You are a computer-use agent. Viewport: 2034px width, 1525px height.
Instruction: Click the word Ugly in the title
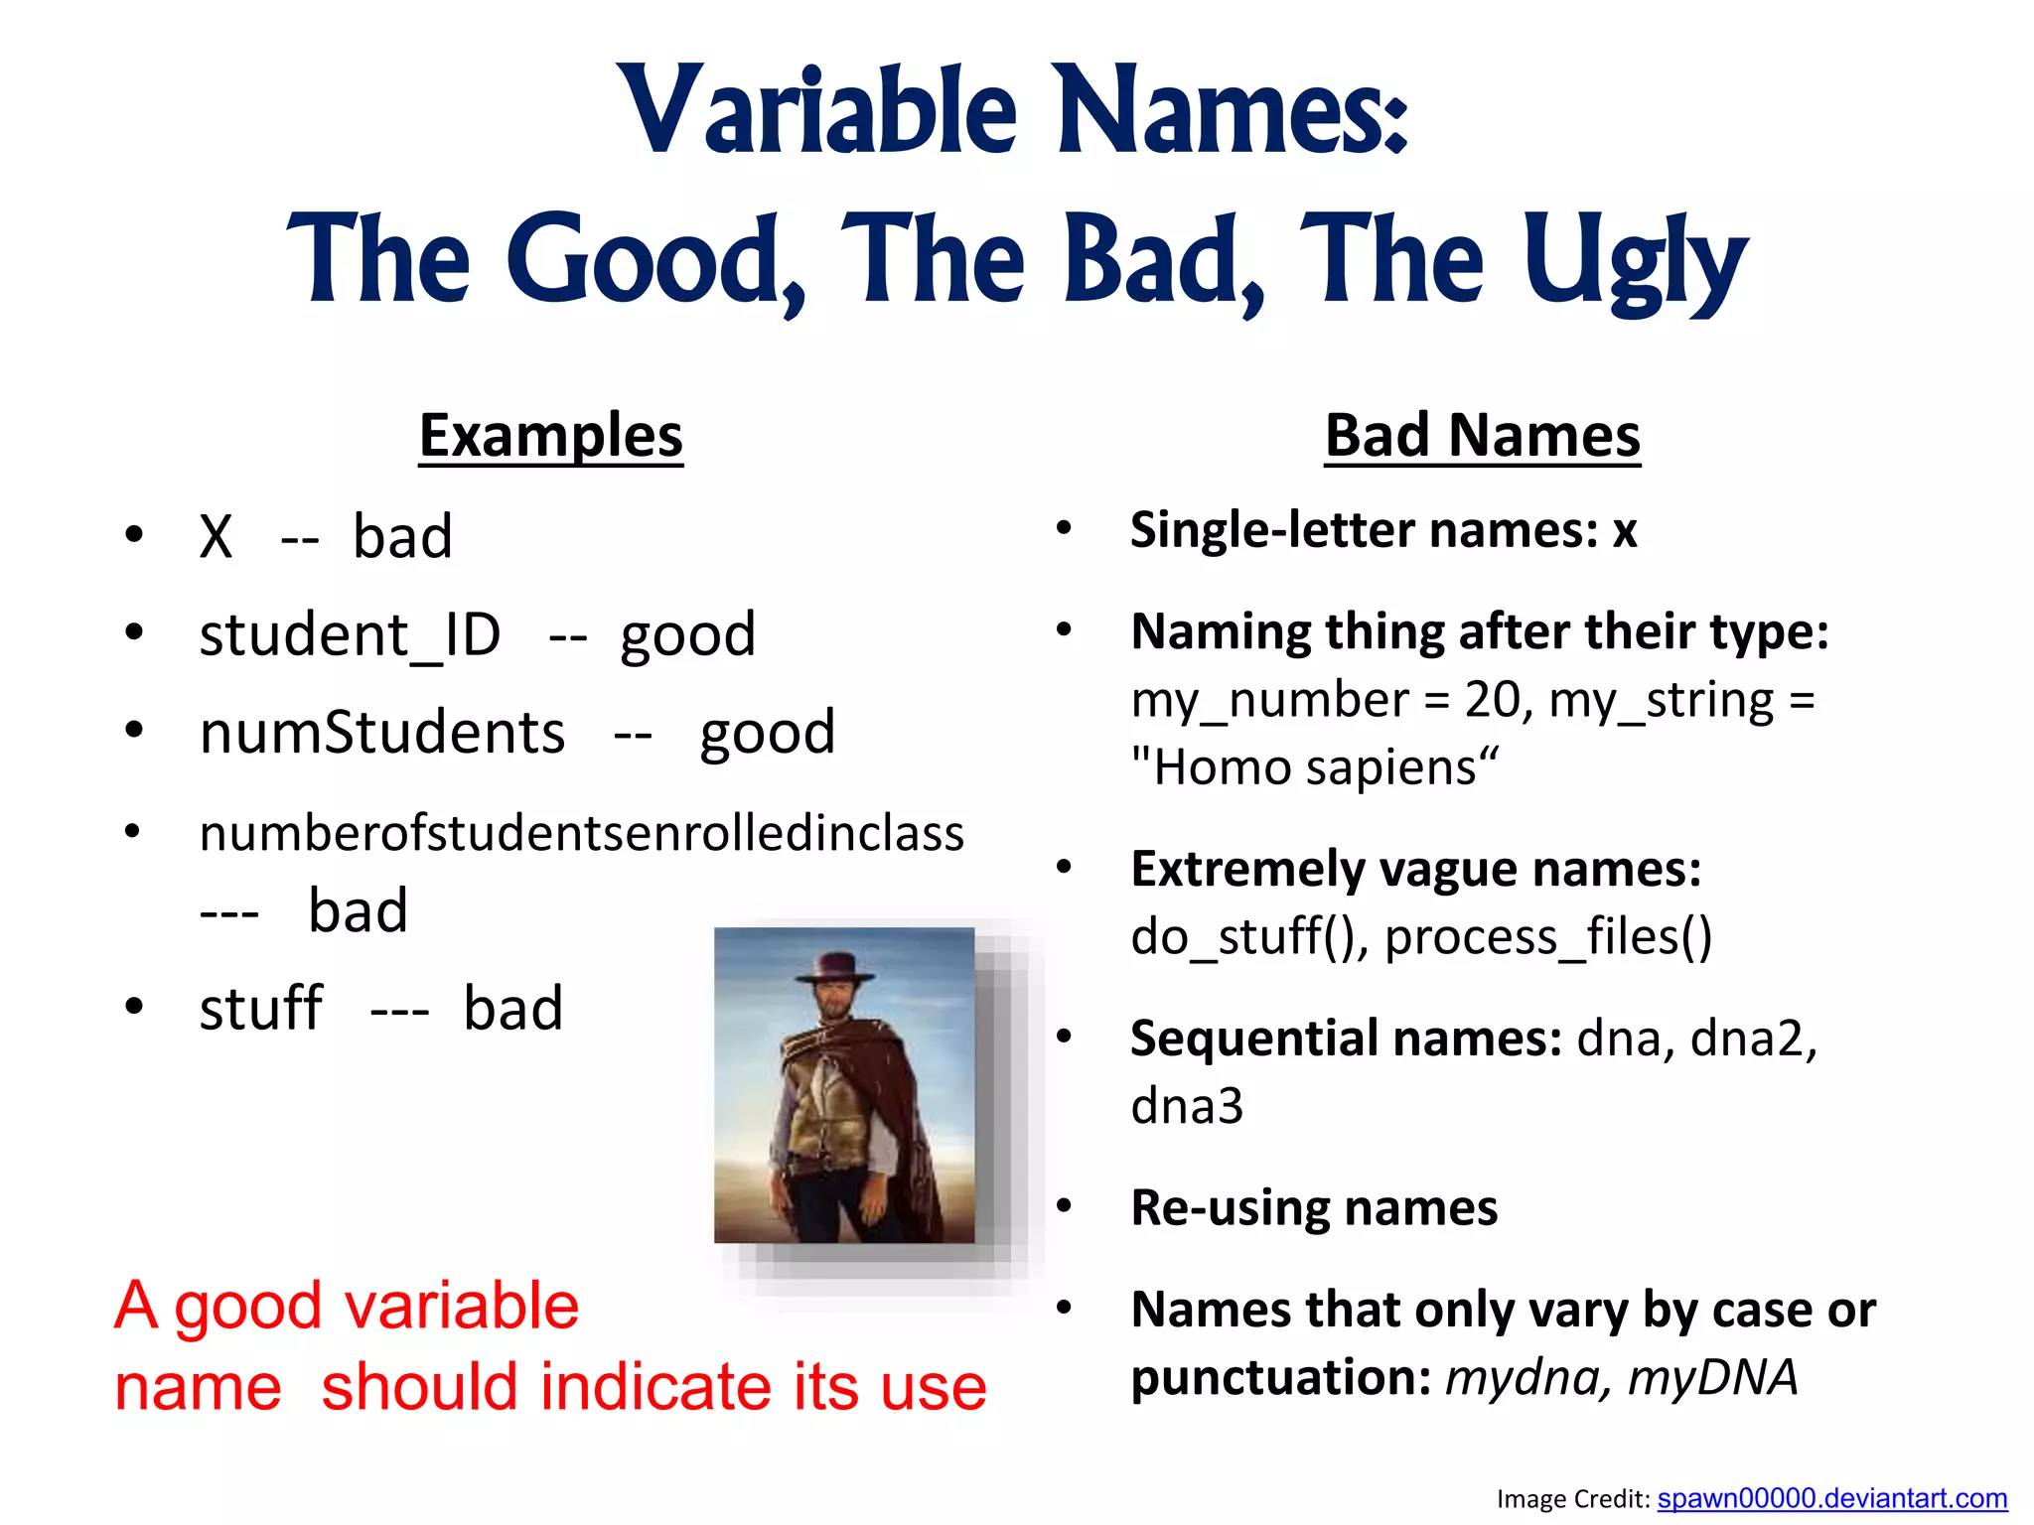point(1635,260)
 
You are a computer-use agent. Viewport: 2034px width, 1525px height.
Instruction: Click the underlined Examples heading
point(550,436)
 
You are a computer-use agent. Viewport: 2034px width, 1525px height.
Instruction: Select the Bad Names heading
point(1482,436)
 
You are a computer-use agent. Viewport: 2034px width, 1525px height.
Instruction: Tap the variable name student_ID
point(350,635)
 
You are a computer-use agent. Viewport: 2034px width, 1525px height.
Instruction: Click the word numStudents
point(382,733)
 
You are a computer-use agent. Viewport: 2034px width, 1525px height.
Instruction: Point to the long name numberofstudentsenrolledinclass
point(581,833)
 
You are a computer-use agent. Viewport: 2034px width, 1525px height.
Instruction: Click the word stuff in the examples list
point(260,1009)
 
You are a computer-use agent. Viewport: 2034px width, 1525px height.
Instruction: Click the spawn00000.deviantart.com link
point(1831,1498)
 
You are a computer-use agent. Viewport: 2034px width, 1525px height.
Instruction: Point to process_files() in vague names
point(1547,937)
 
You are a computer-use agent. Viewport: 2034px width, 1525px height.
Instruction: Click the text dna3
point(1186,1106)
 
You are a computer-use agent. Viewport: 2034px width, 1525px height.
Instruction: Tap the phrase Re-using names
point(1313,1208)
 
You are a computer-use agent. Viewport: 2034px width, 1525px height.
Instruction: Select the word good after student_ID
point(687,635)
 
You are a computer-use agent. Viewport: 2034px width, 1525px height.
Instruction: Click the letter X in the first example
point(216,537)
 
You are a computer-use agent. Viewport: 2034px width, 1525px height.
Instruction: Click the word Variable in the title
point(816,111)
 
